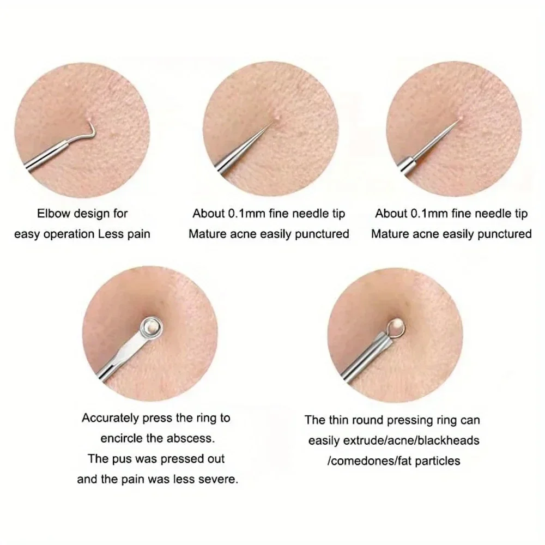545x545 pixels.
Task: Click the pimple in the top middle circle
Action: coord(278,116)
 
